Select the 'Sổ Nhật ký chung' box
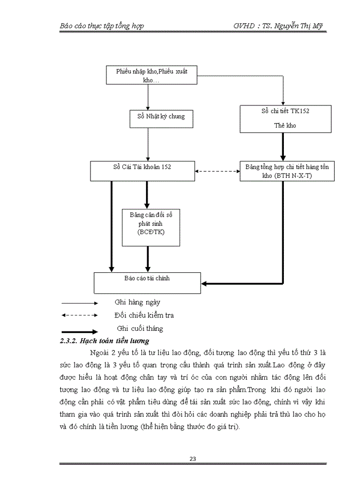click(x=157, y=117)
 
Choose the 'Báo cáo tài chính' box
click(x=147, y=283)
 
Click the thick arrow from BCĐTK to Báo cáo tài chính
click(x=148, y=259)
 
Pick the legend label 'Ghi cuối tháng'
click(x=140, y=328)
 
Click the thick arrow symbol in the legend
click(x=80, y=332)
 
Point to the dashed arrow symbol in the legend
click(x=79, y=315)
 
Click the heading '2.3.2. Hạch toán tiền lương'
click(x=104, y=341)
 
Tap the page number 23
click(x=193, y=459)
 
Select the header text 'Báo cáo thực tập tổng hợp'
click(x=101, y=26)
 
